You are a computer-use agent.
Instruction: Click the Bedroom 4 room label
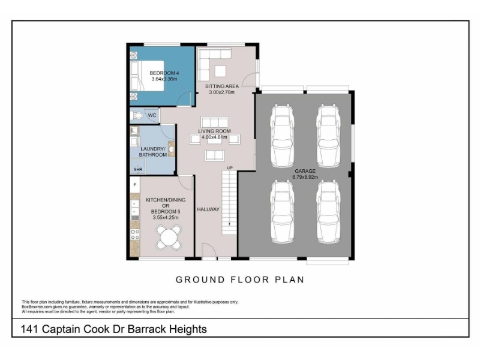[x=164, y=73]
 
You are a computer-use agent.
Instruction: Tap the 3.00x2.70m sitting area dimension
[x=221, y=92]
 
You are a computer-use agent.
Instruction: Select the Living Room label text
[x=214, y=131]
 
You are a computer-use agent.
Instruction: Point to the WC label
[x=152, y=115]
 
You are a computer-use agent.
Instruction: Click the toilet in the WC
[x=137, y=116]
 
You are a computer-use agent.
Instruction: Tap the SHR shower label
[x=138, y=169]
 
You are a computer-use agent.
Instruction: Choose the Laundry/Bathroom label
[x=153, y=152]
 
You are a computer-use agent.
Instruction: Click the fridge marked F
[x=135, y=185]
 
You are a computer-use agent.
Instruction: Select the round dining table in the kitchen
[x=169, y=236]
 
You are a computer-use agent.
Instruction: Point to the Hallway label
[x=208, y=209]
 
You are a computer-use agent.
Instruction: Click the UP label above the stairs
[x=230, y=168]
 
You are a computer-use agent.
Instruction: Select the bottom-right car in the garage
[x=328, y=212]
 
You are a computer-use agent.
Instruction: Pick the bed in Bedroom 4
[x=147, y=76]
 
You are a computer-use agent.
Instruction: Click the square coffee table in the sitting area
[x=220, y=71]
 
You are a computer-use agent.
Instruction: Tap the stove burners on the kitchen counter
[x=135, y=235]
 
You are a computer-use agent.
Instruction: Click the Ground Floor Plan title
[x=240, y=280]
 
